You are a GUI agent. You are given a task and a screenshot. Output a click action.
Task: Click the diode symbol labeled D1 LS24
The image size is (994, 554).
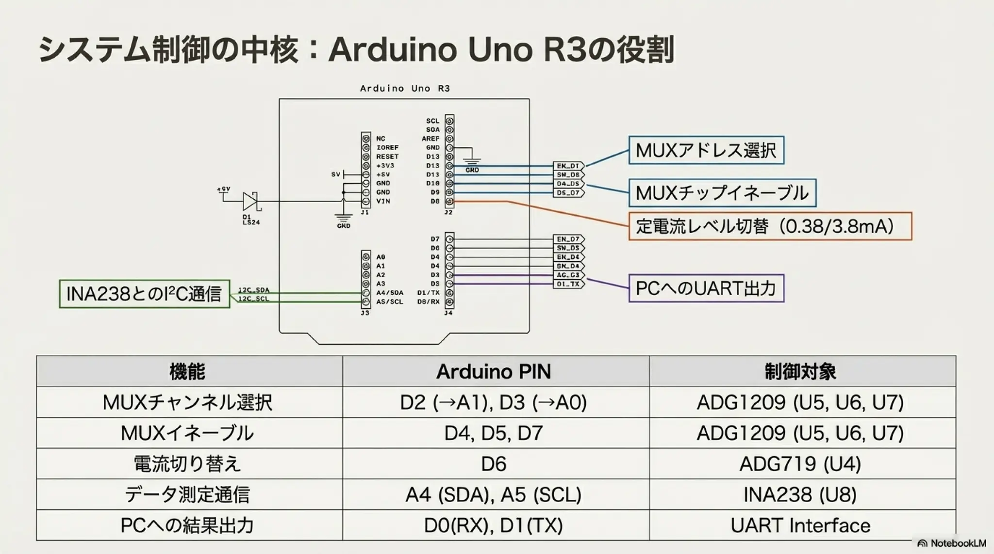pyautogui.click(x=251, y=201)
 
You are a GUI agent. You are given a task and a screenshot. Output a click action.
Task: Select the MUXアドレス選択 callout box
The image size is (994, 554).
pyautogui.click(x=706, y=150)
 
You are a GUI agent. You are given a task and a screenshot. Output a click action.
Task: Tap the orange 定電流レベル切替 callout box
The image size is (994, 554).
pyautogui.click(x=770, y=226)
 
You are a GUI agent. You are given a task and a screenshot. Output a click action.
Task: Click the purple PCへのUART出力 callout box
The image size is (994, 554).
pyautogui.click(x=706, y=288)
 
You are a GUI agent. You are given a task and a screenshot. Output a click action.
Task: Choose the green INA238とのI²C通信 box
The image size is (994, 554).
pyautogui.click(x=144, y=294)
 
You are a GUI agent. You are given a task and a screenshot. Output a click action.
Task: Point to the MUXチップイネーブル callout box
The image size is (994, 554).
pyautogui.click(x=722, y=193)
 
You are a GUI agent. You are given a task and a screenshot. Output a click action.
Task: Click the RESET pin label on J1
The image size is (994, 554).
pyautogui.click(x=387, y=157)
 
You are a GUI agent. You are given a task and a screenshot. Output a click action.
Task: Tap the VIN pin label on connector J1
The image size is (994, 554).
pyautogui.click(x=383, y=201)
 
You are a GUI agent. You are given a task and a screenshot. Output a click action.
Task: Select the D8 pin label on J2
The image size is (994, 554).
pyautogui.click(x=435, y=201)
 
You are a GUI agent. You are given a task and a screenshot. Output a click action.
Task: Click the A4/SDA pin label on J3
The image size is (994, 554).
pyautogui.click(x=389, y=293)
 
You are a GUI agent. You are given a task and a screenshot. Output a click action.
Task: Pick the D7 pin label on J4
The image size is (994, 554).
pyautogui.click(x=435, y=239)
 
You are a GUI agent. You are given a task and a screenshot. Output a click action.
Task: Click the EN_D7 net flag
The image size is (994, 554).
pyautogui.click(x=568, y=239)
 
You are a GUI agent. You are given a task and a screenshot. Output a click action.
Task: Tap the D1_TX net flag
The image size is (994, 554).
pyautogui.click(x=568, y=284)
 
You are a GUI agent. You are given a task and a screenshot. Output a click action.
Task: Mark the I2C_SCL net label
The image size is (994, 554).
pyautogui.click(x=253, y=299)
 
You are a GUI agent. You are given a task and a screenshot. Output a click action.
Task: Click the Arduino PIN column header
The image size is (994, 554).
pyautogui.click(x=494, y=372)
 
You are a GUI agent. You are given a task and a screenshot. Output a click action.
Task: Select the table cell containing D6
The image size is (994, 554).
pyautogui.click(x=494, y=464)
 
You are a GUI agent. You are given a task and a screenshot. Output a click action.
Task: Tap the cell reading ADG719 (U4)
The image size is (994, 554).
pyautogui.click(x=800, y=464)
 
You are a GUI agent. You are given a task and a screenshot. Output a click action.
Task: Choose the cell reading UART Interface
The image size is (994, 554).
pyautogui.click(x=800, y=525)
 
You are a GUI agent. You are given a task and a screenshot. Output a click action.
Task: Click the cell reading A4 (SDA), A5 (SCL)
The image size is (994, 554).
pyautogui.click(x=494, y=495)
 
